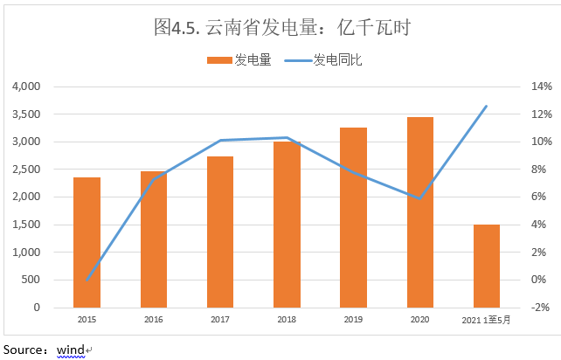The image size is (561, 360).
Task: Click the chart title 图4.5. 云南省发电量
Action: click(x=280, y=28)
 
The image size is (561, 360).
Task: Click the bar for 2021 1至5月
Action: click(x=486, y=266)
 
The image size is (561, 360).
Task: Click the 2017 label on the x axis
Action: click(x=219, y=321)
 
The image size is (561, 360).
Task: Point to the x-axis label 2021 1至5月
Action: click(x=486, y=321)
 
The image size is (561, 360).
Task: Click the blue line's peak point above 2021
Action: click(x=486, y=106)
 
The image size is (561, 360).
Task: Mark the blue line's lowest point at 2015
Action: click(x=87, y=280)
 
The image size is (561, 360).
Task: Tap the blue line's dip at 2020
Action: click(x=419, y=199)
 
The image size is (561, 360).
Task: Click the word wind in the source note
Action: click(x=71, y=350)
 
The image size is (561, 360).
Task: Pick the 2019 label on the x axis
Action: click(x=353, y=321)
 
